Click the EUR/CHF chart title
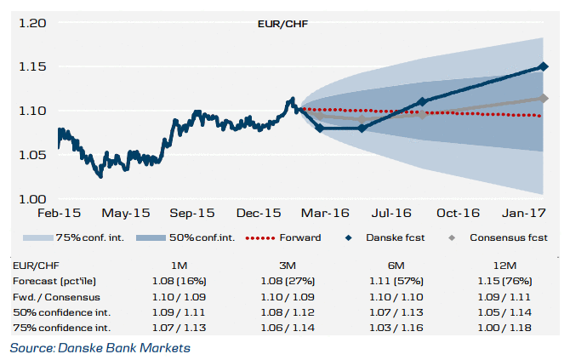(282, 22)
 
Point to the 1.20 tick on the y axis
(31, 23)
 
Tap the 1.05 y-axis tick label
(31, 154)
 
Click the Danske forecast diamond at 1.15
(544, 66)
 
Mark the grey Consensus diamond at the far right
(544, 98)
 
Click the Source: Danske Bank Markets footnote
(100, 347)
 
